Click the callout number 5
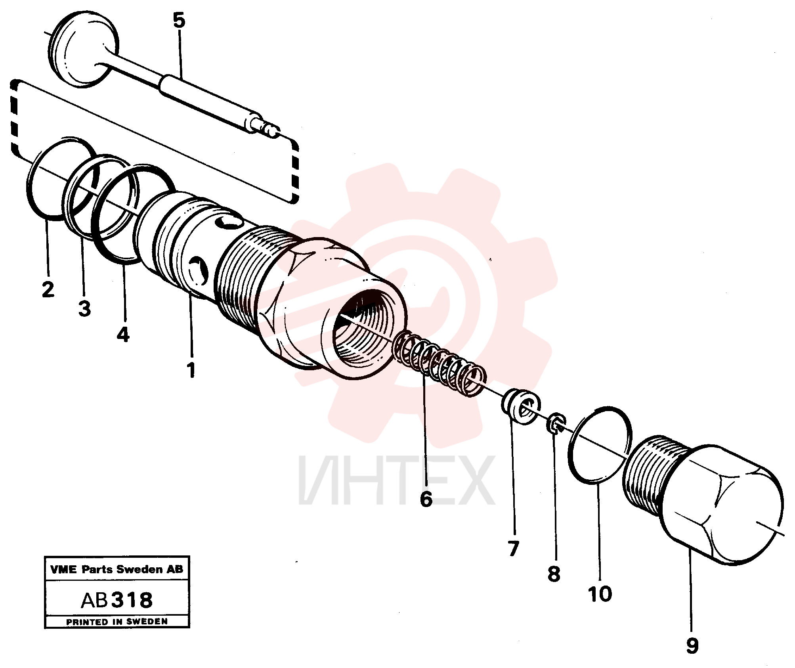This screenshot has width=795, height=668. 179,20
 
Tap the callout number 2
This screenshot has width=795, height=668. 48,290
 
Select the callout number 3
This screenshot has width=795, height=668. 84,308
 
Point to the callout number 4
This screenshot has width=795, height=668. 123,335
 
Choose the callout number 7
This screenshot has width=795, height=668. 513,549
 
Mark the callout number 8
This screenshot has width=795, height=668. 554,574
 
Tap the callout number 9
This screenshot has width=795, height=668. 692,646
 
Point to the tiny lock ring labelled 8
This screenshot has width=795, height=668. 556,423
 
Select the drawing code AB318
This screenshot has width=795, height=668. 117,600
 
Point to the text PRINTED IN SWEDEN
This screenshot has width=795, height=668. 117,622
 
